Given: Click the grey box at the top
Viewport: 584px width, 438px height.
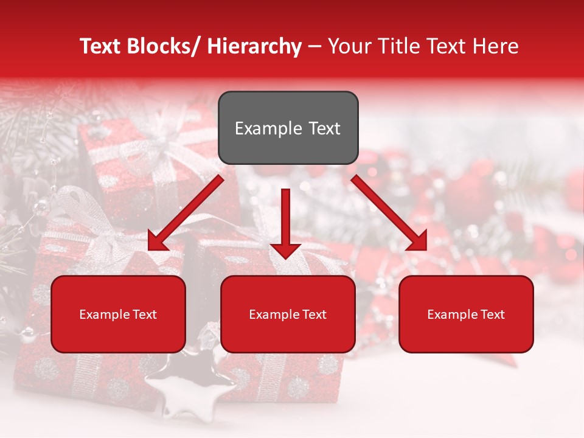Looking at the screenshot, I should point(288,128).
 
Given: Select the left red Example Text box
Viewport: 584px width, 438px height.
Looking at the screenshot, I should point(118,314).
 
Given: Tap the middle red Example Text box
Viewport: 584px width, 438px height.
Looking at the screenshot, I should point(288,314).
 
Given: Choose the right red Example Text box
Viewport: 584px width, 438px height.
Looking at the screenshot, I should point(466,314).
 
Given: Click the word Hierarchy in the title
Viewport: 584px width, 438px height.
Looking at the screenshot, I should point(254,46).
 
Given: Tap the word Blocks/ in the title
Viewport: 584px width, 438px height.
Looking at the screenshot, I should point(165,46).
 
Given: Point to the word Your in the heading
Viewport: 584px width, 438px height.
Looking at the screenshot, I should point(349,46).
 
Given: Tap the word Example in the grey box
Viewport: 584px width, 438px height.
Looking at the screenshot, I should point(268,128).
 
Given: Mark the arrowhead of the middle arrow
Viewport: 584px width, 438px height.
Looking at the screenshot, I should point(285,249).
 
